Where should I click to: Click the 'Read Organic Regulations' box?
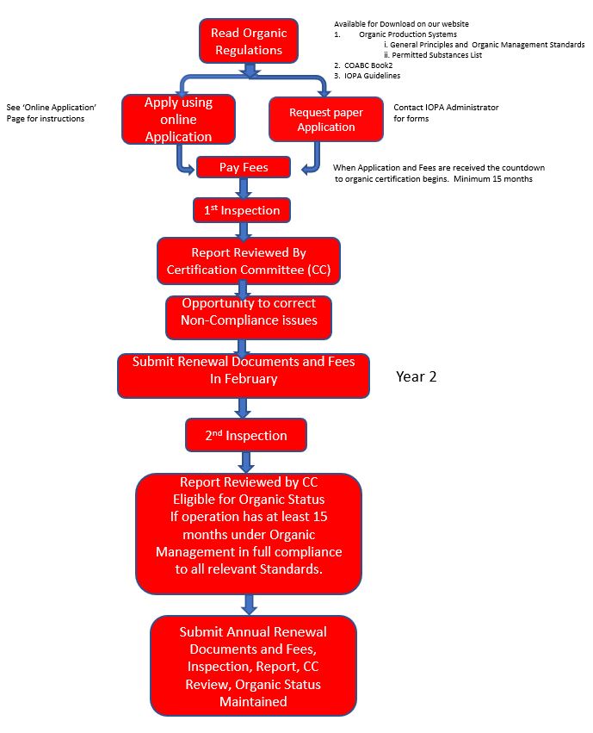pos(249,41)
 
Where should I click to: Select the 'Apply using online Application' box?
pos(178,119)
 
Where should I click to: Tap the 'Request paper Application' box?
pos(326,119)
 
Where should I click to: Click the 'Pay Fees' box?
pos(244,167)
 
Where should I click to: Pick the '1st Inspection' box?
pos(242,210)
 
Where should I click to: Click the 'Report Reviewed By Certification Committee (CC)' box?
pos(249,261)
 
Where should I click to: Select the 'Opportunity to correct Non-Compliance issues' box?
pos(249,318)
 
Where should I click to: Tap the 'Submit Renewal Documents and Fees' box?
pos(244,376)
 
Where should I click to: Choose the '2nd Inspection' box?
pos(246,435)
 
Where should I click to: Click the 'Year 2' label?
pos(416,376)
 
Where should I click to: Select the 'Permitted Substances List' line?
pos(433,55)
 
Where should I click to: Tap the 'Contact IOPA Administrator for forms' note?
pos(446,113)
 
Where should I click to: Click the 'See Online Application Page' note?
pos(52,113)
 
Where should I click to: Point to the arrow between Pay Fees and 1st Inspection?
pos(244,188)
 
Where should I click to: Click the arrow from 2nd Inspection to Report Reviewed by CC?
pos(246,463)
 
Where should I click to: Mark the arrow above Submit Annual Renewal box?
pos(250,605)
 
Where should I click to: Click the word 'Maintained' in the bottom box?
pos(253,702)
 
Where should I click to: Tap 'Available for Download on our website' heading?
pos(401,24)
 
